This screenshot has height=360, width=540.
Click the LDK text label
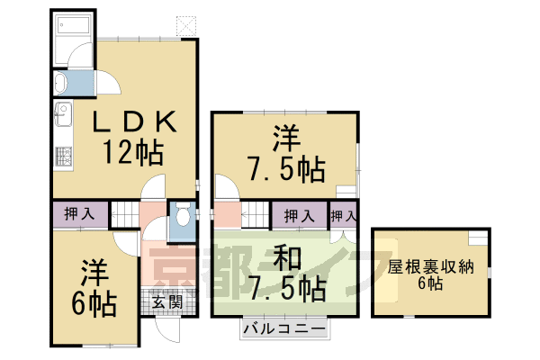pos(136,121)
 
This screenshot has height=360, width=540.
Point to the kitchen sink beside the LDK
pos(63,115)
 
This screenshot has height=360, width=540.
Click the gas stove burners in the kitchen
pos(63,155)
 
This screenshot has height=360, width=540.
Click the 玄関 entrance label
pos(166,301)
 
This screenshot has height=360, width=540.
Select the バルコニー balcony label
pos(284,329)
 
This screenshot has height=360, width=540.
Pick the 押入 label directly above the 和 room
pos(299,216)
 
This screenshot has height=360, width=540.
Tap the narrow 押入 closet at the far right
pos(343,216)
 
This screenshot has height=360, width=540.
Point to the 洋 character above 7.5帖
pos(286,138)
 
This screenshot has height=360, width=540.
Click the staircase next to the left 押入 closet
pos(124,216)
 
